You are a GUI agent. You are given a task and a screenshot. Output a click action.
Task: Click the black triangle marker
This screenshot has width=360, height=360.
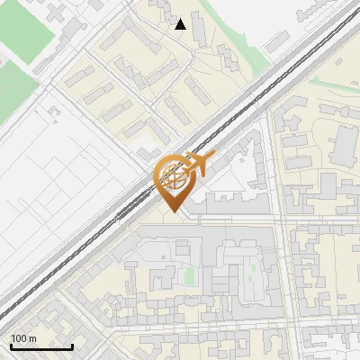click(181, 25)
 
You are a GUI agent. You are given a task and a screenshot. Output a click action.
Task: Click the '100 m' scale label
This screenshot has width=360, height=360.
click(23, 338)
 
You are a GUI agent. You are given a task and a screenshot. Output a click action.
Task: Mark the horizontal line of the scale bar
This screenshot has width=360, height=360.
click(41, 347)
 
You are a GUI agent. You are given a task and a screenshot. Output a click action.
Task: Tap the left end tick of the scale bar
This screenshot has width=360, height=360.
click(11, 346)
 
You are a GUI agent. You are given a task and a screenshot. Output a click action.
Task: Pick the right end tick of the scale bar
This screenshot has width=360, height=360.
click(72, 346)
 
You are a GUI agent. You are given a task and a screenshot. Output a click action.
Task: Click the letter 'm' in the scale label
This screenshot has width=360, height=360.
click(32, 338)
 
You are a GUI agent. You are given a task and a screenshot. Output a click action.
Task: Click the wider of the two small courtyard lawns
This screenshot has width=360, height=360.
click(190, 274)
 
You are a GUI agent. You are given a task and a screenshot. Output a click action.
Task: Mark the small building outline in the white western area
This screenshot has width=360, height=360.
click(56, 112)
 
